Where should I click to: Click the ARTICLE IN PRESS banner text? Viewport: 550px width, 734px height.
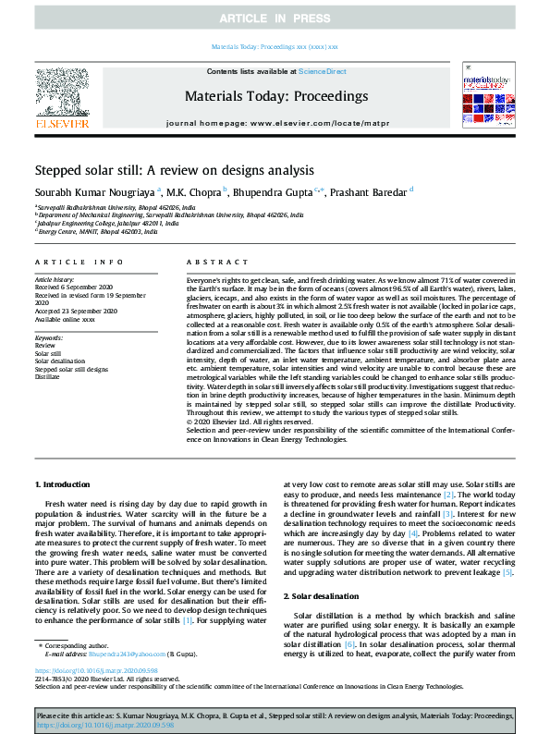(275, 18)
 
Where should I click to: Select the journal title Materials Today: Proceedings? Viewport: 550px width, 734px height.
(276, 96)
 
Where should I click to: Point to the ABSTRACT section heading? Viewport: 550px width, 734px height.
(211, 263)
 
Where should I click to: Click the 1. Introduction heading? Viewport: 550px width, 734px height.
(63, 484)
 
